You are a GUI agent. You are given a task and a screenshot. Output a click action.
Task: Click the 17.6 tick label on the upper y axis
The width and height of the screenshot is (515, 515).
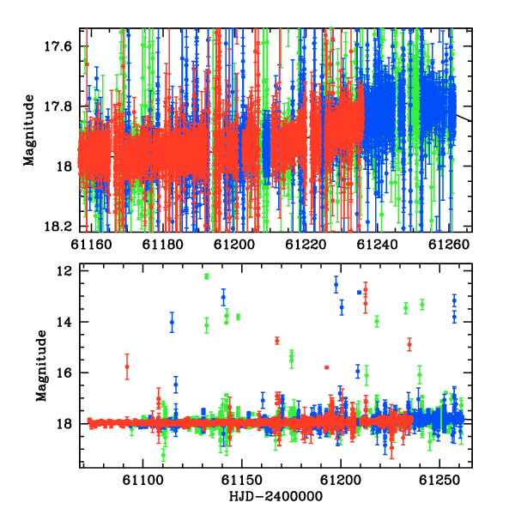tap(58, 46)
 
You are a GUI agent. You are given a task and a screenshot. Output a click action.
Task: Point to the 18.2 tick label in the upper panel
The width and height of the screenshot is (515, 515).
tap(58, 227)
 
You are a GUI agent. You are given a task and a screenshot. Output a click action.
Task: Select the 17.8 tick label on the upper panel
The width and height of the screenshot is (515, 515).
tap(58, 106)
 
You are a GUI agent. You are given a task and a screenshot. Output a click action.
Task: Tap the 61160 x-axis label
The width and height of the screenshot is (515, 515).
tap(91, 245)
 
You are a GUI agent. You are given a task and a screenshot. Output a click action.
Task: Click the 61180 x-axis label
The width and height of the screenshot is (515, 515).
tap(163, 245)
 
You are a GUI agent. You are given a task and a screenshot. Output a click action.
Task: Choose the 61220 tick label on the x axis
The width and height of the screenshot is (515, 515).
tap(306, 245)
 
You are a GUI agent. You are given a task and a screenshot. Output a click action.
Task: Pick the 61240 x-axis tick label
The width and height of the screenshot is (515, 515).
tap(378, 245)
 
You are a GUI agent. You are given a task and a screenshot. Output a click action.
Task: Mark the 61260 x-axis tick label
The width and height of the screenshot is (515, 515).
tap(449, 245)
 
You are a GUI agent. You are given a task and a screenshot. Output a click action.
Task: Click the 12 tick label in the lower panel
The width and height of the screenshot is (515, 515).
tap(64, 271)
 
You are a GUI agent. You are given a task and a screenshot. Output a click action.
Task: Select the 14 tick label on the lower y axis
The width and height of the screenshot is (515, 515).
tap(64, 322)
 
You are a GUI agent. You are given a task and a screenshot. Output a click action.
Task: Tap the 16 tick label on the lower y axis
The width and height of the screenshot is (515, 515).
tap(64, 373)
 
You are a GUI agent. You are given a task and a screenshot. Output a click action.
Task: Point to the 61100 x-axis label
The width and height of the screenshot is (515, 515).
tap(142, 481)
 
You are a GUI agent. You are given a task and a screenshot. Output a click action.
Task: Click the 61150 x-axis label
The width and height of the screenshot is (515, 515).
tap(242, 481)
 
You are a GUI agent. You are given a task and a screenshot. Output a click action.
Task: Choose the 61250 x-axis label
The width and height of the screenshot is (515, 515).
tap(439, 481)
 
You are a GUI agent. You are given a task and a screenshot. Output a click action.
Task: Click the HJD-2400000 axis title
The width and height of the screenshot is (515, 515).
tap(276, 496)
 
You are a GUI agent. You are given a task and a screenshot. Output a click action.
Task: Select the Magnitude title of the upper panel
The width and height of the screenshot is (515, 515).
tap(29, 130)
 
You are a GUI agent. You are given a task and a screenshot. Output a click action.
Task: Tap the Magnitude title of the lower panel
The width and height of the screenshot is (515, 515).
tap(41, 366)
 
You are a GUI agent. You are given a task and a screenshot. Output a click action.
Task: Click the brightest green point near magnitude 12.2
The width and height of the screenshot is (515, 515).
tap(207, 276)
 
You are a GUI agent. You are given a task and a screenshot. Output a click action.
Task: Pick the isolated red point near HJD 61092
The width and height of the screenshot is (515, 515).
tap(127, 367)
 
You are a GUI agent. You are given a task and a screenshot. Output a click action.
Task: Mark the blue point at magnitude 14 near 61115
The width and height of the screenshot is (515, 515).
tap(172, 322)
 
